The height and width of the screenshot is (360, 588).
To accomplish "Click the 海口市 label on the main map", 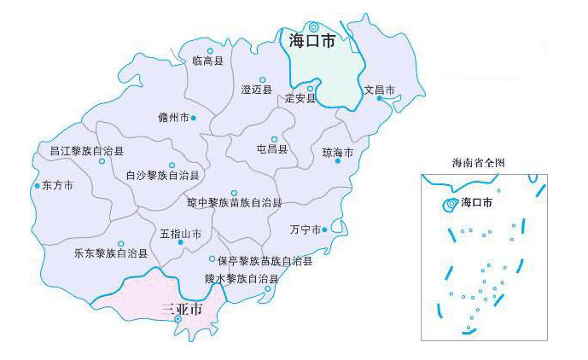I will (311, 41).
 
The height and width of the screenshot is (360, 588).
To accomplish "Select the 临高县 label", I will (207, 61).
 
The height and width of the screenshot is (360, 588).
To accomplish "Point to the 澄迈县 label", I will (256, 90).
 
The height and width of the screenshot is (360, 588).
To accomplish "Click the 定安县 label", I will (300, 98).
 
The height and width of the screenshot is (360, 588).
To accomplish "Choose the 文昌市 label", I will (379, 89).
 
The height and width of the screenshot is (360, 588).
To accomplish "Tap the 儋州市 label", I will (173, 118).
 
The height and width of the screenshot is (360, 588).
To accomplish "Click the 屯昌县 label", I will (272, 149).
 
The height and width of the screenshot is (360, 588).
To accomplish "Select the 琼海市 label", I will (337, 153).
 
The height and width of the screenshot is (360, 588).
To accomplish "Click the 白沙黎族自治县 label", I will (162, 176).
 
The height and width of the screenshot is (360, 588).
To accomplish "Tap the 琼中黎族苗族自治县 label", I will (235, 203).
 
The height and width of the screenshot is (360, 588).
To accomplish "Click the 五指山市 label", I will (180, 233).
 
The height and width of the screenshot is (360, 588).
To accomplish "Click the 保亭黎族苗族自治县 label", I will (265, 261).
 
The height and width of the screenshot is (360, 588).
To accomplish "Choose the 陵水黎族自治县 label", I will (242, 279).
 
